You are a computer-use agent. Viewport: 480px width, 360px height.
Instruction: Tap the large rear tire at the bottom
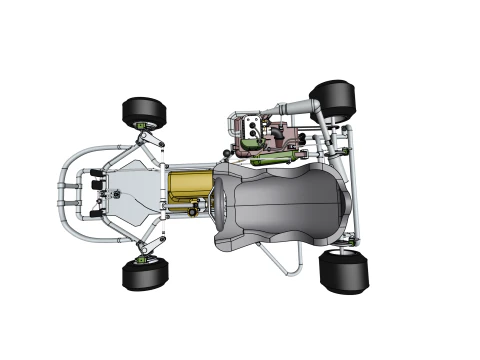click(343, 272)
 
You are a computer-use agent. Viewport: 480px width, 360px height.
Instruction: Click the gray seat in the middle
click(285, 205)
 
